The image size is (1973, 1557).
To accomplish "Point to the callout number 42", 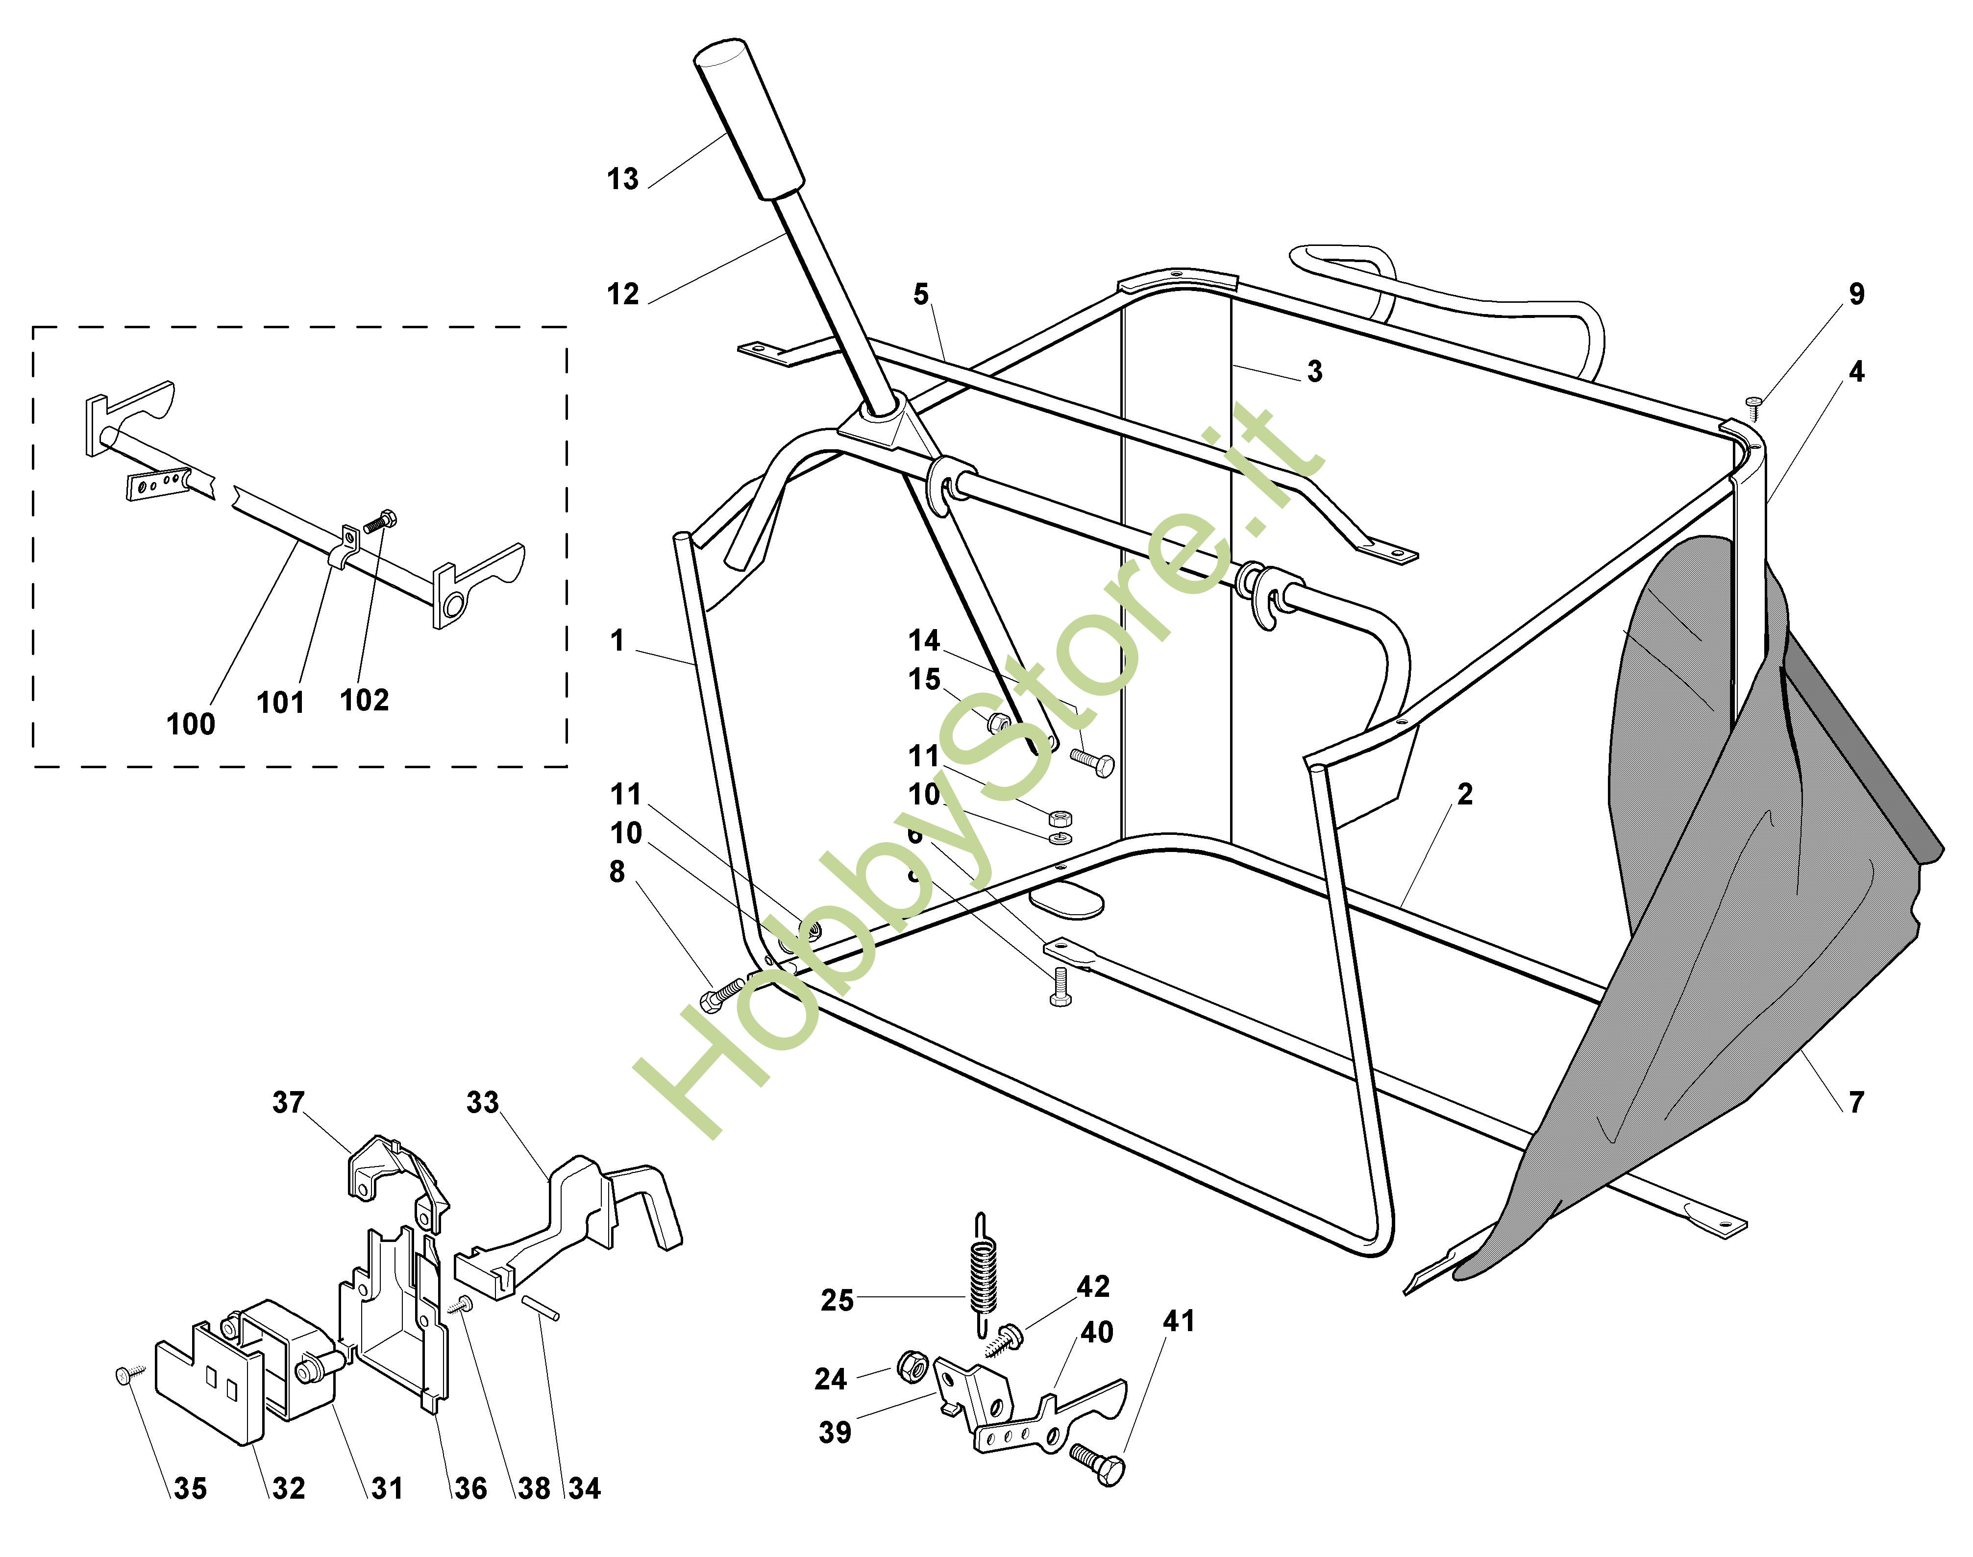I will click(1093, 1286).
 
